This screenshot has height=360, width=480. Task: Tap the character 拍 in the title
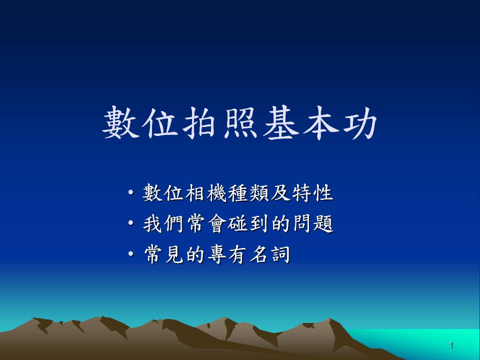pos(199,122)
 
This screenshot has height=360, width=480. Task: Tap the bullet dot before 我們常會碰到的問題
pos(131,223)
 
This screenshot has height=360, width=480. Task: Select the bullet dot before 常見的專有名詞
pos(131,254)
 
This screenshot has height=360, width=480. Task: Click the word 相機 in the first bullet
pos(205,193)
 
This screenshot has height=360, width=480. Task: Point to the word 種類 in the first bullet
pos(248,193)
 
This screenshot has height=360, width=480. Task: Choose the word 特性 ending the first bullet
pos(312,193)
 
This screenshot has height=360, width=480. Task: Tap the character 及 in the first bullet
pos(280,193)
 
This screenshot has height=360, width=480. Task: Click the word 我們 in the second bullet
pos(163,223)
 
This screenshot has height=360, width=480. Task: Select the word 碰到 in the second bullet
pos(248,223)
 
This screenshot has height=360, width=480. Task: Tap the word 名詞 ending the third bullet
pos(269,254)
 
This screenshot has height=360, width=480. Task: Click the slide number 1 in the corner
pos(451,345)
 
